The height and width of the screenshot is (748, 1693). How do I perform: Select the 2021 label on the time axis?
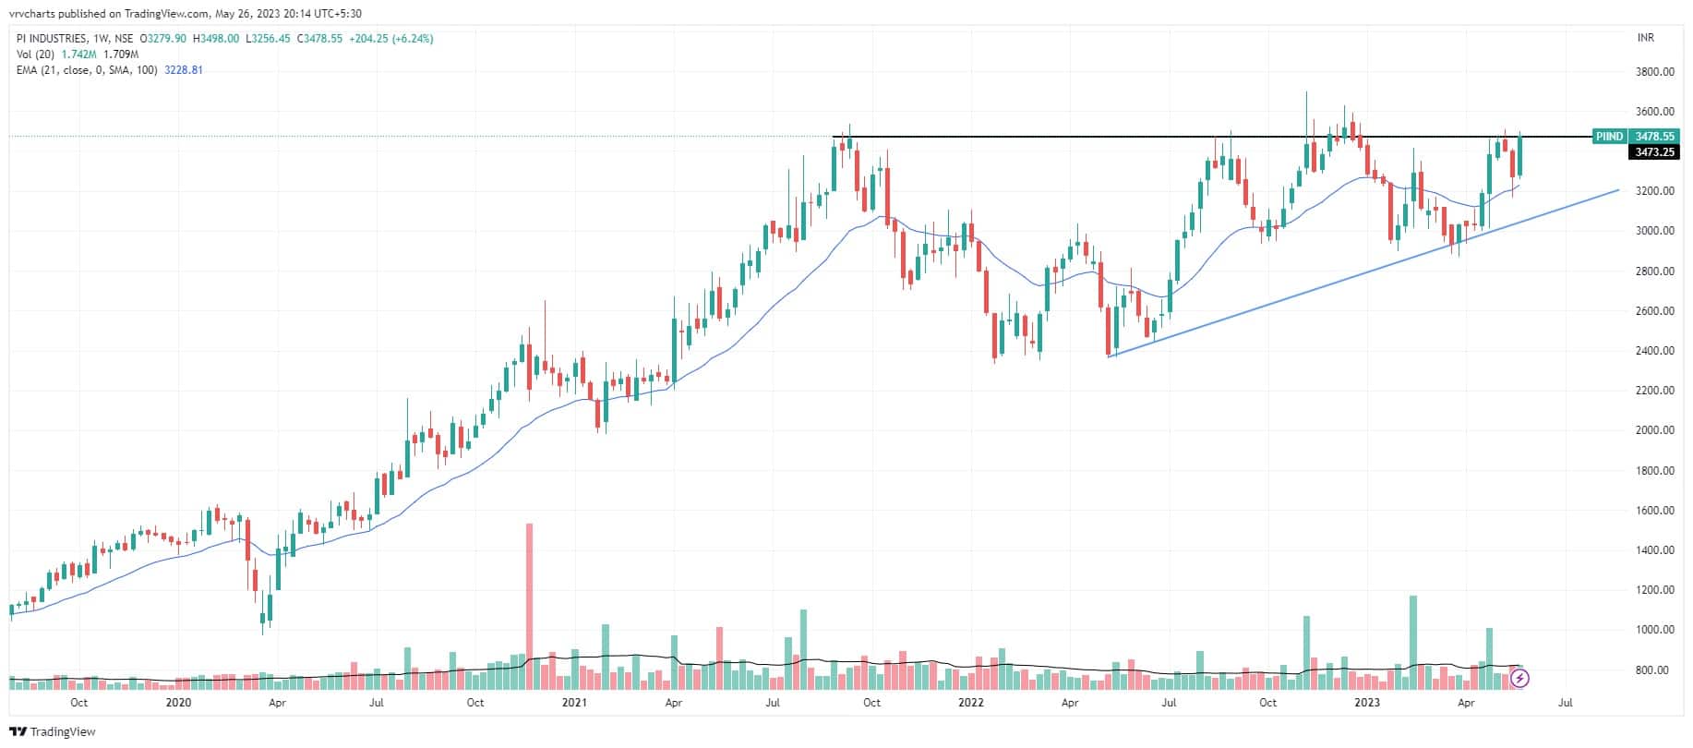574,703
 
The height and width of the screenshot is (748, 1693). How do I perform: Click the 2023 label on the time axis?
1366,703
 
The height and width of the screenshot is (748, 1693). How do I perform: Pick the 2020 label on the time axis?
177,703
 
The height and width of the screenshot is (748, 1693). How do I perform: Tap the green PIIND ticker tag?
1608,137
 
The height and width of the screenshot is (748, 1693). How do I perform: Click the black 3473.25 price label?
1654,152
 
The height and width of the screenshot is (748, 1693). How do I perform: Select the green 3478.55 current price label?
1654,137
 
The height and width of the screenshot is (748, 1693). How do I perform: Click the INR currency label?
1645,38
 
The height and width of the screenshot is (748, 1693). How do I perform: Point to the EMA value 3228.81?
184,70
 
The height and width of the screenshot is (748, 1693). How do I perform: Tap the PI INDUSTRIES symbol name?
52,39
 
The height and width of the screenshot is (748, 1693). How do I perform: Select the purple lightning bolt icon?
1520,679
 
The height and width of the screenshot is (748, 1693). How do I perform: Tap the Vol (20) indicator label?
36,54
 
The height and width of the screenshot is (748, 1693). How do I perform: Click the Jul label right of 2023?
1566,703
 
